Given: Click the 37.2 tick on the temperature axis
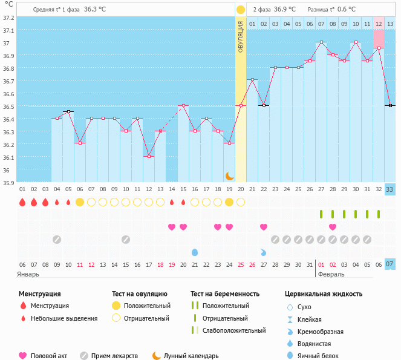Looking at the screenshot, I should [x=7, y=17].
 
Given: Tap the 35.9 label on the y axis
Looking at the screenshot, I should [x=7, y=182].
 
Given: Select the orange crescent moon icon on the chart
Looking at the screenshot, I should [x=229, y=175].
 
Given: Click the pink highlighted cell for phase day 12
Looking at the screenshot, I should [x=379, y=24].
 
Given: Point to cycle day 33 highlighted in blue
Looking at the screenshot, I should [x=390, y=189].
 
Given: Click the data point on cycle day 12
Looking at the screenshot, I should [x=149, y=156].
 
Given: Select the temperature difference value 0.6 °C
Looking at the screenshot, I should [x=347, y=10].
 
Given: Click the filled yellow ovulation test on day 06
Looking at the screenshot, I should [x=79, y=202].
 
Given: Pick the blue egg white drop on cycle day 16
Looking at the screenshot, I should [x=195, y=252].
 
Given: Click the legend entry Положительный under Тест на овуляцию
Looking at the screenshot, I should [x=147, y=306].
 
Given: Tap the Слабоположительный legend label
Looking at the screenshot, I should [x=234, y=330].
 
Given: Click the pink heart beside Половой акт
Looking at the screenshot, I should [x=23, y=356].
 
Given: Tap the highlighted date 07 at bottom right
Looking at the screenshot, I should [x=390, y=264].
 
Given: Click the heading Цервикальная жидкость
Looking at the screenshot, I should [x=324, y=294].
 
